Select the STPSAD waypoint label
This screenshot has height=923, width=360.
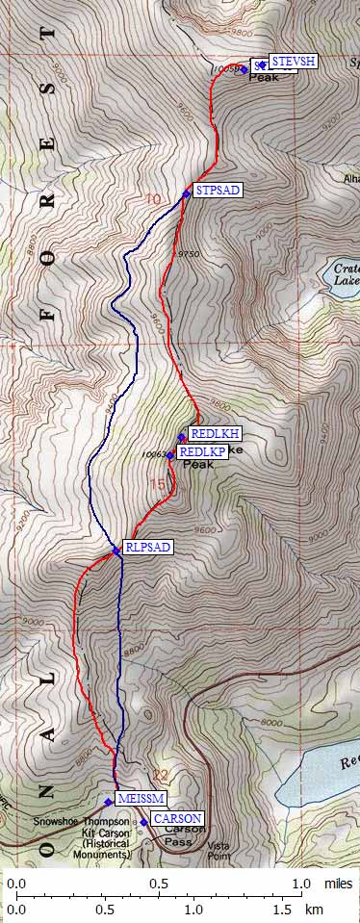coord(217,190)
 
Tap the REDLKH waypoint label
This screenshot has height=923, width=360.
coord(216,433)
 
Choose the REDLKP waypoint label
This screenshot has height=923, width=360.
coord(202,451)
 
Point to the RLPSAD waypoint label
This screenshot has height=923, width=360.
coord(147,548)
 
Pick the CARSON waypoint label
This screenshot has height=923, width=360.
coord(177,818)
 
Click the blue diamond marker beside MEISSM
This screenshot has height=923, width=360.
coord(109,802)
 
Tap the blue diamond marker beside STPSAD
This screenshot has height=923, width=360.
coord(186,193)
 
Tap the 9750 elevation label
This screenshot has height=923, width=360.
coord(189,254)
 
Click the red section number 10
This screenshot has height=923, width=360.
coord(154,200)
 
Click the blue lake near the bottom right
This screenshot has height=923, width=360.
coord(322,765)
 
